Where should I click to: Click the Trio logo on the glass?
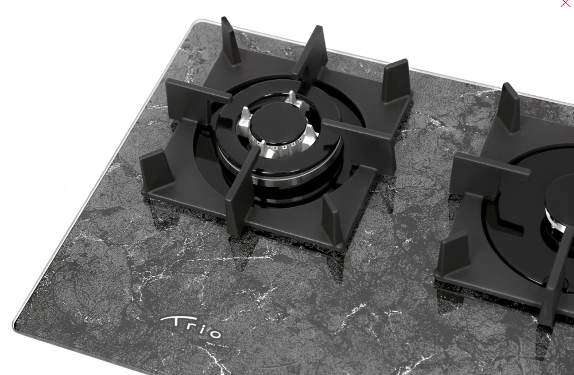click(191, 327)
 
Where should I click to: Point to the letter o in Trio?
click(214, 333)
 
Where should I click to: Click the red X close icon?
click(565, 3)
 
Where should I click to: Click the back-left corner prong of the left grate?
click(231, 41)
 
